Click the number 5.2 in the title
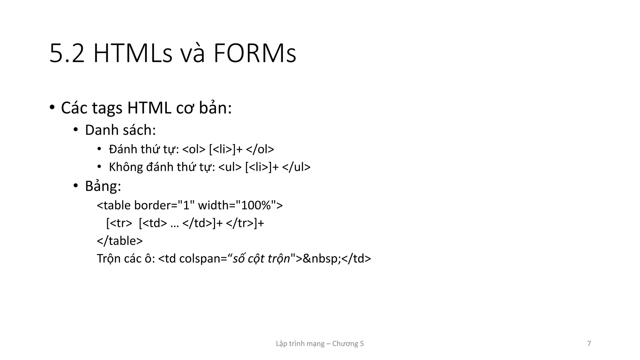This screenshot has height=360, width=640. tap(67, 54)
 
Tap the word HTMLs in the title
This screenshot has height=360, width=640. tap(133, 54)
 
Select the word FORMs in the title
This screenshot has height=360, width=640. tap(254, 54)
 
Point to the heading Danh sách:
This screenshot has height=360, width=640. tap(120, 130)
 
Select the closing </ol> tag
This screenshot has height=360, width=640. tap(260, 149)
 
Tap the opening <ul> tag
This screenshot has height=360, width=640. tap(230, 167)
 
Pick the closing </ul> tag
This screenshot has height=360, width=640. tap(296, 167)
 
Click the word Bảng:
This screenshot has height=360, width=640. tap(103, 186)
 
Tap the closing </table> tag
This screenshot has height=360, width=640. tap(120, 241)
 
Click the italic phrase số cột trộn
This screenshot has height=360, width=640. tap(261, 259)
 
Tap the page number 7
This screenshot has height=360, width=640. tap(589, 344)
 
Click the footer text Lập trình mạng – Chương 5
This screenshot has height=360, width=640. tap(320, 344)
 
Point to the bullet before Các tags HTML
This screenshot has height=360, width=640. tap(52, 108)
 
